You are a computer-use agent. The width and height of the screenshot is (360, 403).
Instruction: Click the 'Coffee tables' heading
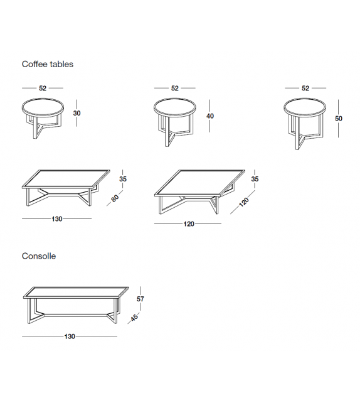[48, 64]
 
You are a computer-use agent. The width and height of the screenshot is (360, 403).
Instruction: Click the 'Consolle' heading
[39, 256]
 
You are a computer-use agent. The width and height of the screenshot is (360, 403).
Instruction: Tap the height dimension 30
[77, 114]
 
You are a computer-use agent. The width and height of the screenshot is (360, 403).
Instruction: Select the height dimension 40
[210, 116]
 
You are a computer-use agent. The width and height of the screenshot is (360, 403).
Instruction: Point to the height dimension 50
[339, 118]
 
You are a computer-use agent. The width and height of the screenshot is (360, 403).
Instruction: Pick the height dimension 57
[140, 299]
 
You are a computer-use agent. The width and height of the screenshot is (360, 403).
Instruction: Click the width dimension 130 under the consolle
[70, 336]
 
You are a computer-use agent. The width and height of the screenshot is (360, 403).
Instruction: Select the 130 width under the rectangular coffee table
[57, 219]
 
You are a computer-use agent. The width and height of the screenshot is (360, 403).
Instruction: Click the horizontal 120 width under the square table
[188, 223]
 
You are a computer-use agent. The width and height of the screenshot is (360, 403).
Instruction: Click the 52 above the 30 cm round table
[43, 89]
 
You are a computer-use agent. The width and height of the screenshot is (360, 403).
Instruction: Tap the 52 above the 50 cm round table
[305, 89]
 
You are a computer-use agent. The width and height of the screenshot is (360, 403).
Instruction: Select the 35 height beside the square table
[255, 179]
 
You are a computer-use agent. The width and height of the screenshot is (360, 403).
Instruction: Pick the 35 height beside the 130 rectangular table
[124, 179]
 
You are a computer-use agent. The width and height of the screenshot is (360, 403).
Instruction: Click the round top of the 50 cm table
[305, 107]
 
